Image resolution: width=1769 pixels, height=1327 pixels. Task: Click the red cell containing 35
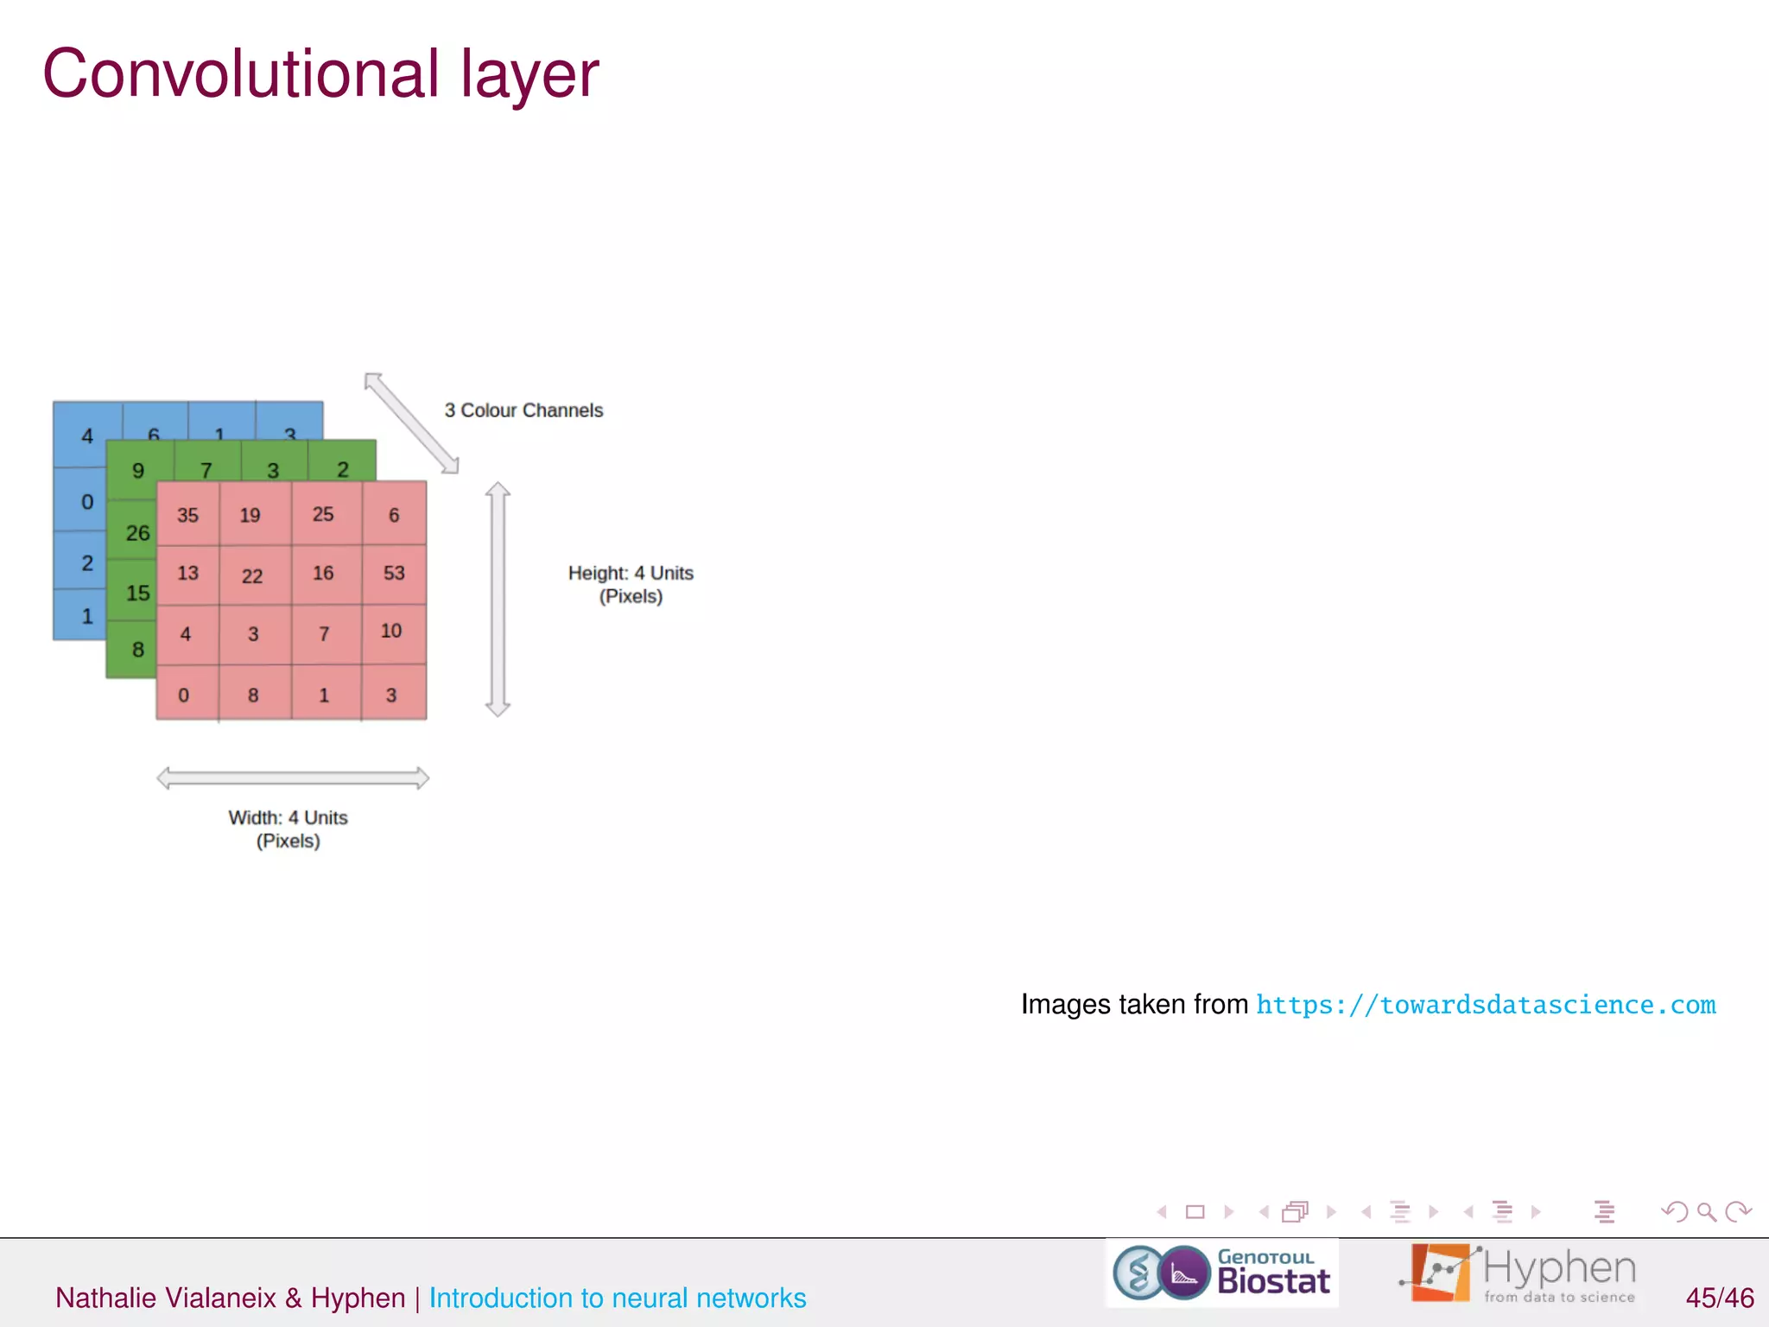click(x=187, y=515)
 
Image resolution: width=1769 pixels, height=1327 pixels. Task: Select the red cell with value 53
click(x=394, y=573)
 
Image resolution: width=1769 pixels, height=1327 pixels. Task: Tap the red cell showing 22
click(x=252, y=575)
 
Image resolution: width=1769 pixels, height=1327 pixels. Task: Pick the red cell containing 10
click(x=391, y=631)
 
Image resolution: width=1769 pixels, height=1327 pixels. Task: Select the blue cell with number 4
click(x=86, y=435)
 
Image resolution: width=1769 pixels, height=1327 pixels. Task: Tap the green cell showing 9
click(x=138, y=470)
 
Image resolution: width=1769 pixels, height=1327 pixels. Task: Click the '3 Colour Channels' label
click(x=523, y=410)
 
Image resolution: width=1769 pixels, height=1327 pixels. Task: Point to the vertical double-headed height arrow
click(x=498, y=600)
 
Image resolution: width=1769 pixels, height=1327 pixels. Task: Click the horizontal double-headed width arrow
click(x=293, y=778)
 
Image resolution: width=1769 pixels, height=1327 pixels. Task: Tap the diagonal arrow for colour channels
click(x=411, y=423)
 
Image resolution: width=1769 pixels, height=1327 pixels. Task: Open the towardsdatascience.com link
click(x=1486, y=1005)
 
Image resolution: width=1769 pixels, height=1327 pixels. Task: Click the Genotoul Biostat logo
click(x=1221, y=1273)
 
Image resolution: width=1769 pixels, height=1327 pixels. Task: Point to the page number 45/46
click(x=1719, y=1298)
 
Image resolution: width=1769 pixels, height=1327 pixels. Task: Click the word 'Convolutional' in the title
click(x=241, y=74)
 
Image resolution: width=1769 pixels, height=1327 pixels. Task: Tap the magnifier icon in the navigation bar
click(x=1706, y=1212)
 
